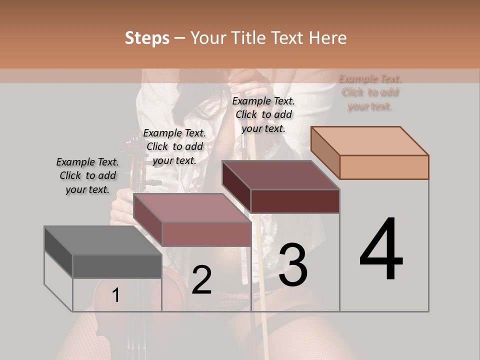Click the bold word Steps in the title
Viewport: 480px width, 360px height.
[x=147, y=38]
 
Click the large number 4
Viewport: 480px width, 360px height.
[x=381, y=249]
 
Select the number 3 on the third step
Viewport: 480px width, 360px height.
[x=293, y=265]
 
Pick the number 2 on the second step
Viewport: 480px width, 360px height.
[x=201, y=280]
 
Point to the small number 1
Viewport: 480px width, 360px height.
[x=115, y=295]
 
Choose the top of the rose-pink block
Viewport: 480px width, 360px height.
[x=192, y=207]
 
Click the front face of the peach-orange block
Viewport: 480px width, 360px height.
[x=384, y=167]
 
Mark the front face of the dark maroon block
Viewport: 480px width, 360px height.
[x=295, y=201]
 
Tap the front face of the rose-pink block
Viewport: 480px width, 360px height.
[x=206, y=234]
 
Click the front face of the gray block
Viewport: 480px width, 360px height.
[x=117, y=266]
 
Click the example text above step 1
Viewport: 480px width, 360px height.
[x=87, y=175]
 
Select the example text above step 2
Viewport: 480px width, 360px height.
[x=174, y=146]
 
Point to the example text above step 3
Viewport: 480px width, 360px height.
[x=263, y=114]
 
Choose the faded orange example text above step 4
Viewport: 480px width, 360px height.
[x=370, y=92]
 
